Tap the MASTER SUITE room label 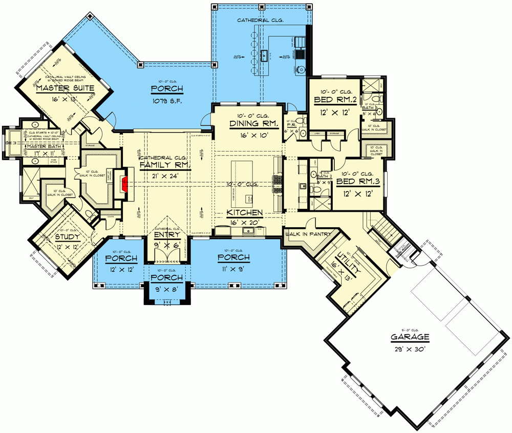click(65, 89)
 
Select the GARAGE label click(410, 337)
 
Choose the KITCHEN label click(245, 212)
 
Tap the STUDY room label click(67, 237)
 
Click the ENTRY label click(167, 235)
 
